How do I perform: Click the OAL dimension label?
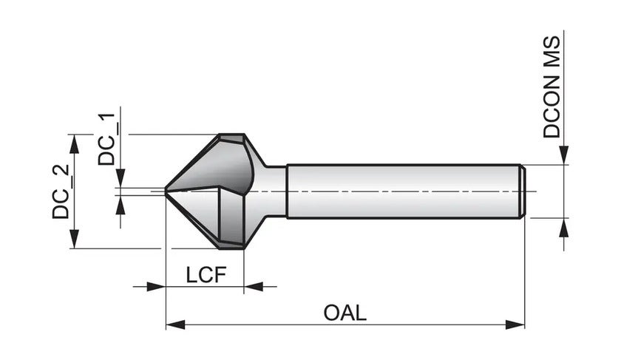[345, 312]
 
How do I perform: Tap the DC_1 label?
[109, 140]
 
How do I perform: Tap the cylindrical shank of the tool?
[403, 191]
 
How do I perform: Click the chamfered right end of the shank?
[523, 191]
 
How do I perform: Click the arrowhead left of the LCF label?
[155, 286]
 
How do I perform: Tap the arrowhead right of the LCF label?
[254, 286]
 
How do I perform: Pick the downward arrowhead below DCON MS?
[563, 155]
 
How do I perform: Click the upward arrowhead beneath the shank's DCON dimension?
[563, 226]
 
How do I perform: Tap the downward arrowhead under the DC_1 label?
[121, 178]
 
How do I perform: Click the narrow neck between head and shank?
[275, 191]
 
